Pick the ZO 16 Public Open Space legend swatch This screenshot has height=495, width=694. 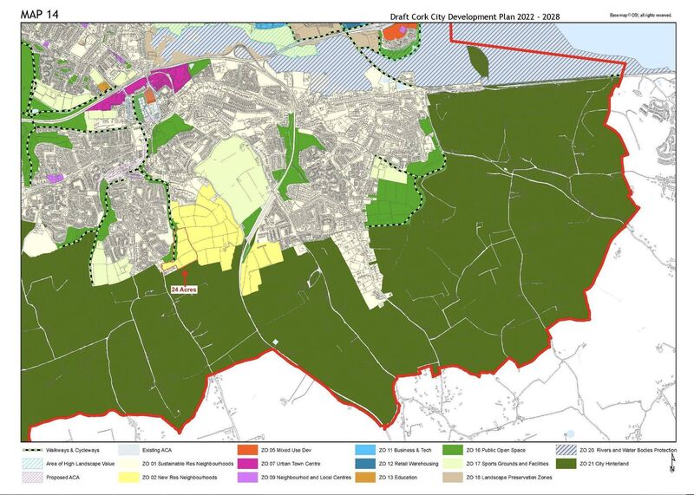[453, 451]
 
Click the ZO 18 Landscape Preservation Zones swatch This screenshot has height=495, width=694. [453, 477]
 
